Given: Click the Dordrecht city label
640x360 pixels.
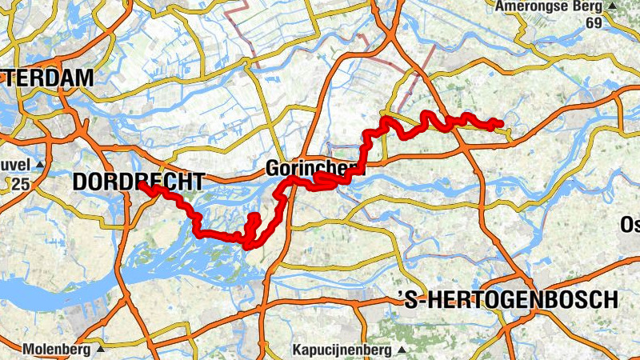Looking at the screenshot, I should click(x=138, y=182).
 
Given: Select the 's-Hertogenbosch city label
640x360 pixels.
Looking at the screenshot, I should click(x=509, y=300).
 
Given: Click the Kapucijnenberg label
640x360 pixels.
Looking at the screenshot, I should click(x=342, y=350).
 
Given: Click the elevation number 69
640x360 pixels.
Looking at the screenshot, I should click(x=593, y=22).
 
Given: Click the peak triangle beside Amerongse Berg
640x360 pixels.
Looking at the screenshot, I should click(x=612, y=6).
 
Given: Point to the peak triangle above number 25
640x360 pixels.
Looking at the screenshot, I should click(x=39, y=165).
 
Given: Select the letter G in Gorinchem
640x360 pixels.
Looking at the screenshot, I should click(x=273, y=169).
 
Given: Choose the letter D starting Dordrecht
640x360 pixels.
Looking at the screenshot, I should click(x=79, y=182).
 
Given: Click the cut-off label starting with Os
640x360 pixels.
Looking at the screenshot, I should click(x=630, y=223).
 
